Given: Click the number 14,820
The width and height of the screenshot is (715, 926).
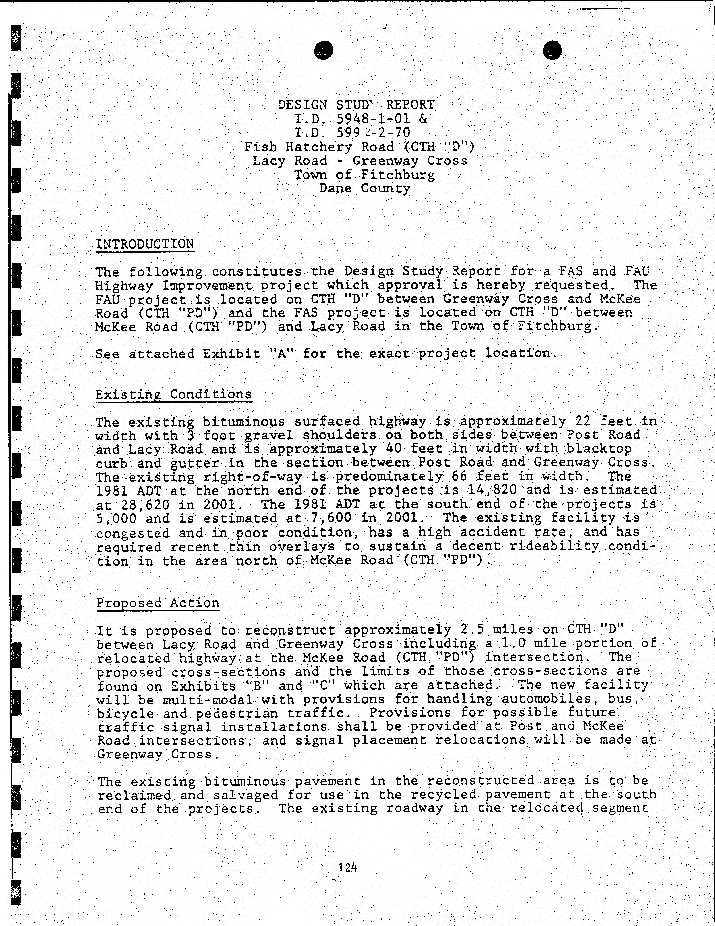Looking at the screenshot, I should (492, 490).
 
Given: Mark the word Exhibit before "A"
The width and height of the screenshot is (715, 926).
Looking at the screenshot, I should (231, 354).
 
